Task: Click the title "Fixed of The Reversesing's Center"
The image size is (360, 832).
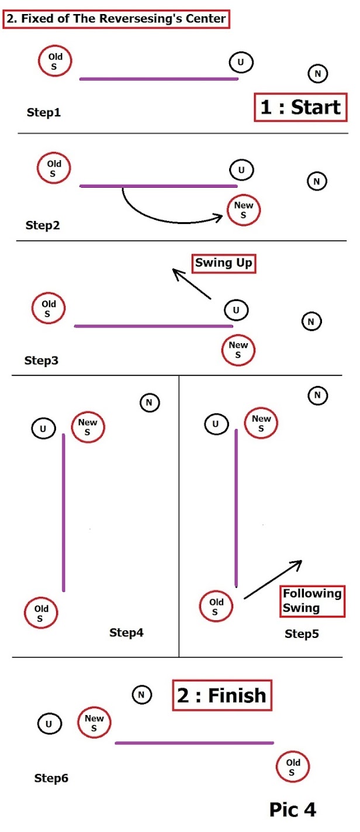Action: (x=116, y=19)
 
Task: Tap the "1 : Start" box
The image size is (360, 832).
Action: (x=300, y=108)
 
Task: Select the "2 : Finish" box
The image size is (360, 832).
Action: (x=221, y=695)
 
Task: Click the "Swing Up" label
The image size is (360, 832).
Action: (x=224, y=263)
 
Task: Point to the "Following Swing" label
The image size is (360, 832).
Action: (x=312, y=600)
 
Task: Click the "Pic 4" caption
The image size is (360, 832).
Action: (x=292, y=809)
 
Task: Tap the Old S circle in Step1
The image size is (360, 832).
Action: (x=55, y=61)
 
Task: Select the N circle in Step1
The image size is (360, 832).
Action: (x=317, y=74)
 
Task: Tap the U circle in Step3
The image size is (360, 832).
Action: (x=236, y=310)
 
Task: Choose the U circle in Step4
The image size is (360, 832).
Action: (x=43, y=429)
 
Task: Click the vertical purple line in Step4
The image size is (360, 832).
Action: (x=64, y=512)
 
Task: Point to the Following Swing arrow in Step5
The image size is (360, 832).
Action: (x=272, y=579)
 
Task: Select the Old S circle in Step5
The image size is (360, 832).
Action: (x=216, y=607)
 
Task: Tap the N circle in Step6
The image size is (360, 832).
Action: (x=141, y=695)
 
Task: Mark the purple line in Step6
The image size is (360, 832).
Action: (x=194, y=743)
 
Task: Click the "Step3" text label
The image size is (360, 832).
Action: (x=41, y=360)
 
